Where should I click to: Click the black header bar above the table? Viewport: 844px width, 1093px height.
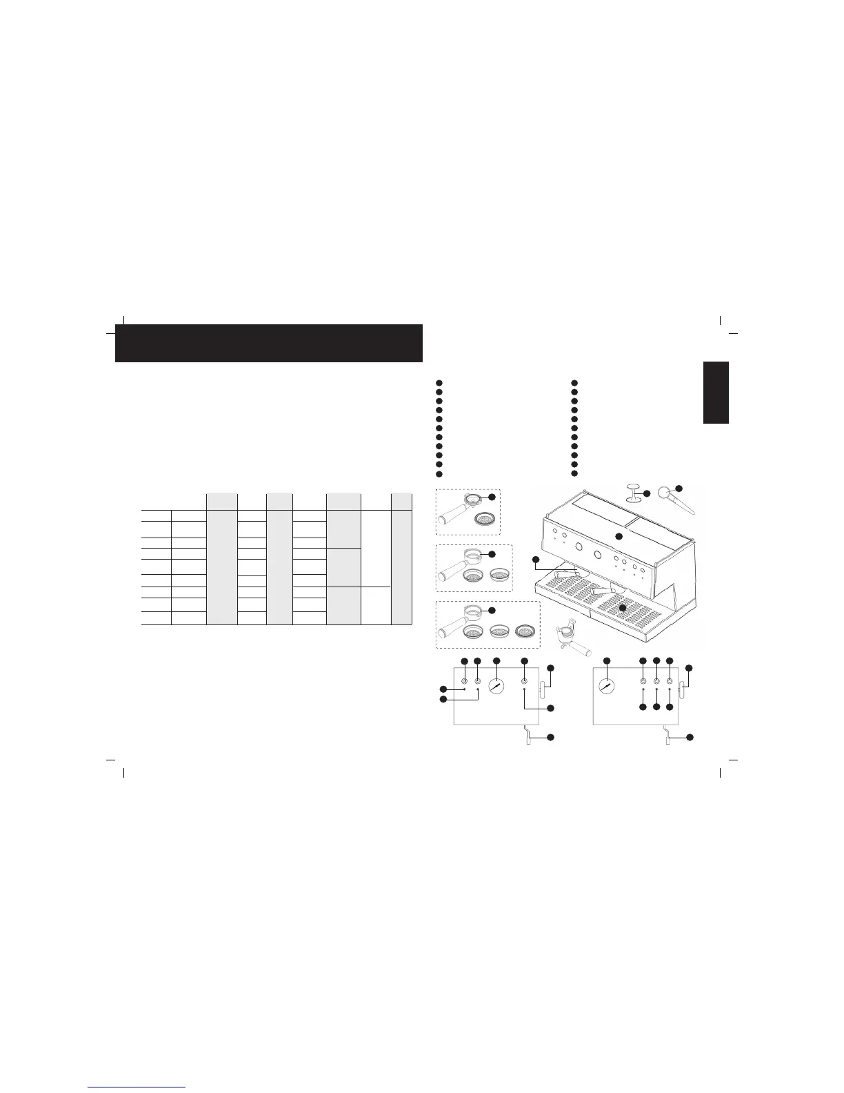point(268,343)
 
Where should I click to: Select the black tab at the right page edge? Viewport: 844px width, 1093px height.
point(716,393)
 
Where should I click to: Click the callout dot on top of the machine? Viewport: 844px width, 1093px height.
point(619,536)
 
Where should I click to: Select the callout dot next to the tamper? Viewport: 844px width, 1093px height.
point(647,493)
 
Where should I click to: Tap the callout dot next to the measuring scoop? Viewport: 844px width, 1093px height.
point(679,489)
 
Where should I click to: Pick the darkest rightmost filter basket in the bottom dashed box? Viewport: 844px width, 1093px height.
point(526,629)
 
